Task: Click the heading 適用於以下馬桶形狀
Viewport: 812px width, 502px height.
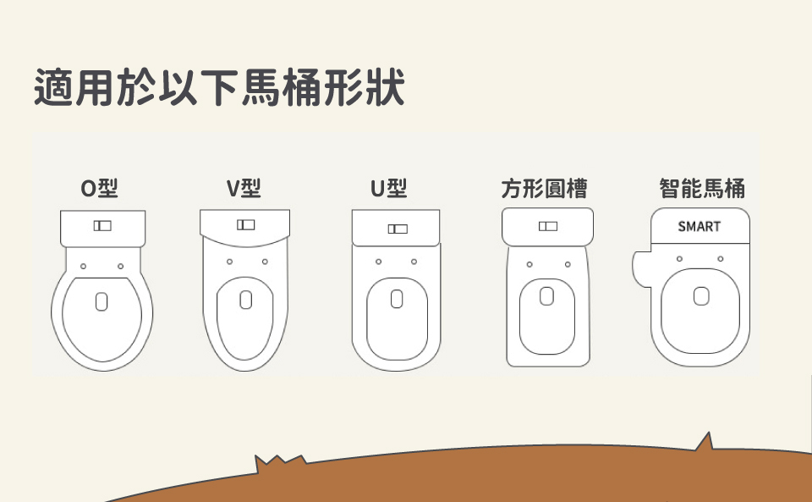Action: click(x=219, y=87)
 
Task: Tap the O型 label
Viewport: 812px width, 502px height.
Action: click(x=100, y=188)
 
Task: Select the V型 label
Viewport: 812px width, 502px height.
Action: click(x=244, y=188)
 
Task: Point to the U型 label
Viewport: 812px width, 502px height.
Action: click(x=389, y=188)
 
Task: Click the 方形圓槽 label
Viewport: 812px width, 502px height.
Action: click(x=544, y=189)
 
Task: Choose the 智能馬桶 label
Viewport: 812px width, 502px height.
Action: click(x=702, y=188)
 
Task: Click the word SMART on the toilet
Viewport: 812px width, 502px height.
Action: click(x=700, y=226)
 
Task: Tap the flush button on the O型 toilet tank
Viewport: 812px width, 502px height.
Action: click(x=102, y=225)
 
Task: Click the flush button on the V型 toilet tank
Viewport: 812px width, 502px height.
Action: click(x=246, y=224)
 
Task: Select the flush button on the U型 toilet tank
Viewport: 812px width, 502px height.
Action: click(x=398, y=229)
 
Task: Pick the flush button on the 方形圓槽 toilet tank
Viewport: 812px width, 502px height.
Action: click(x=548, y=226)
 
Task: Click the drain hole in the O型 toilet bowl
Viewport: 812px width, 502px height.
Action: click(x=101, y=301)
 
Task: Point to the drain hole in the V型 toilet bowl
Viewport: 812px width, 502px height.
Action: click(x=246, y=300)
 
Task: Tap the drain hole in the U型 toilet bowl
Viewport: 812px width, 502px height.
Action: click(x=397, y=299)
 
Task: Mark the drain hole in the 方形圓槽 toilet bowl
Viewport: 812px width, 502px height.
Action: click(x=547, y=296)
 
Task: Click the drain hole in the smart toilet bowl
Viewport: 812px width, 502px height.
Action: click(x=701, y=296)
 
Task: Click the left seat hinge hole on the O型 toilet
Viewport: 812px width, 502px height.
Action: click(x=84, y=267)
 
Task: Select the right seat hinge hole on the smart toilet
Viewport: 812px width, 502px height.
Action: click(x=721, y=258)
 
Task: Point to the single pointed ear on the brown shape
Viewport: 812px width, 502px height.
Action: click(x=705, y=441)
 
